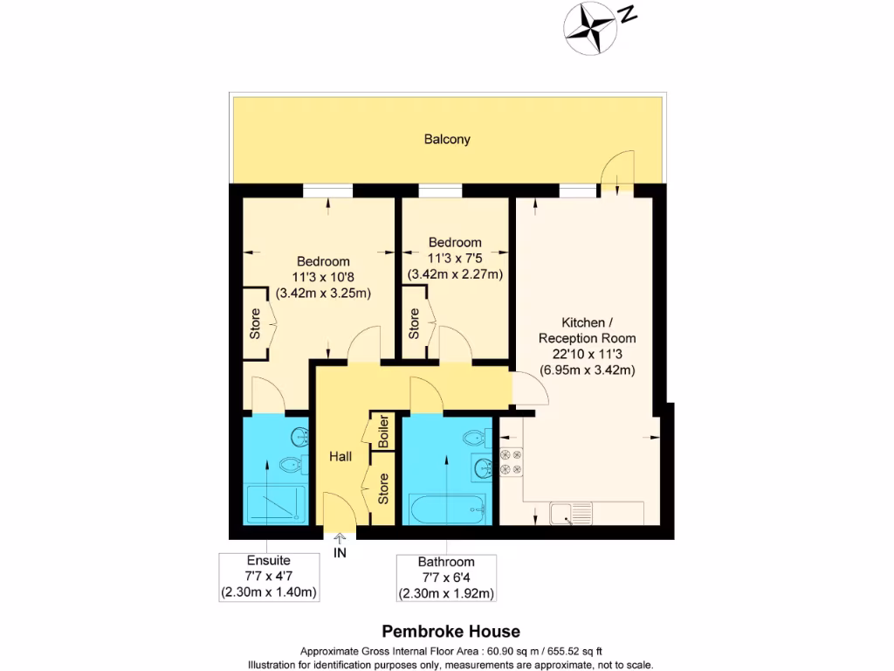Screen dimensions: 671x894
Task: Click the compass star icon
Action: click(x=588, y=22)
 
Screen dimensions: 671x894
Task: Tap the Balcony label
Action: click(x=447, y=139)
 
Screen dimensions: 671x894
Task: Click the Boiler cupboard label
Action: click(x=382, y=432)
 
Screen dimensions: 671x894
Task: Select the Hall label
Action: click(x=340, y=456)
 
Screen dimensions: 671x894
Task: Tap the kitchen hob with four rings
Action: click(x=511, y=461)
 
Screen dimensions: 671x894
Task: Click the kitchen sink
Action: click(x=571, y=514)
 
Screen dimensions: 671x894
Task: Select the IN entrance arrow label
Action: click(x=340, y=552)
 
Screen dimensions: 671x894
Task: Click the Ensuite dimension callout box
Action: click(x=268, y=577)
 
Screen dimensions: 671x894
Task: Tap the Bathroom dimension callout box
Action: click(x=446, y=578)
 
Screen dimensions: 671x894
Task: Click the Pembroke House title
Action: click(x=451, y=631)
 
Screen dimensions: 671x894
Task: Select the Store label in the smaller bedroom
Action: click(x=413, y=323)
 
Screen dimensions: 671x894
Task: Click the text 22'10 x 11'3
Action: click(x=586, y=354)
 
